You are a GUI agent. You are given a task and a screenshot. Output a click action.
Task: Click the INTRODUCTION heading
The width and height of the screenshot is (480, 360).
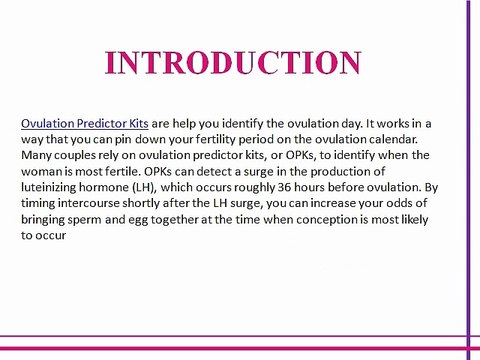(233, 62)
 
